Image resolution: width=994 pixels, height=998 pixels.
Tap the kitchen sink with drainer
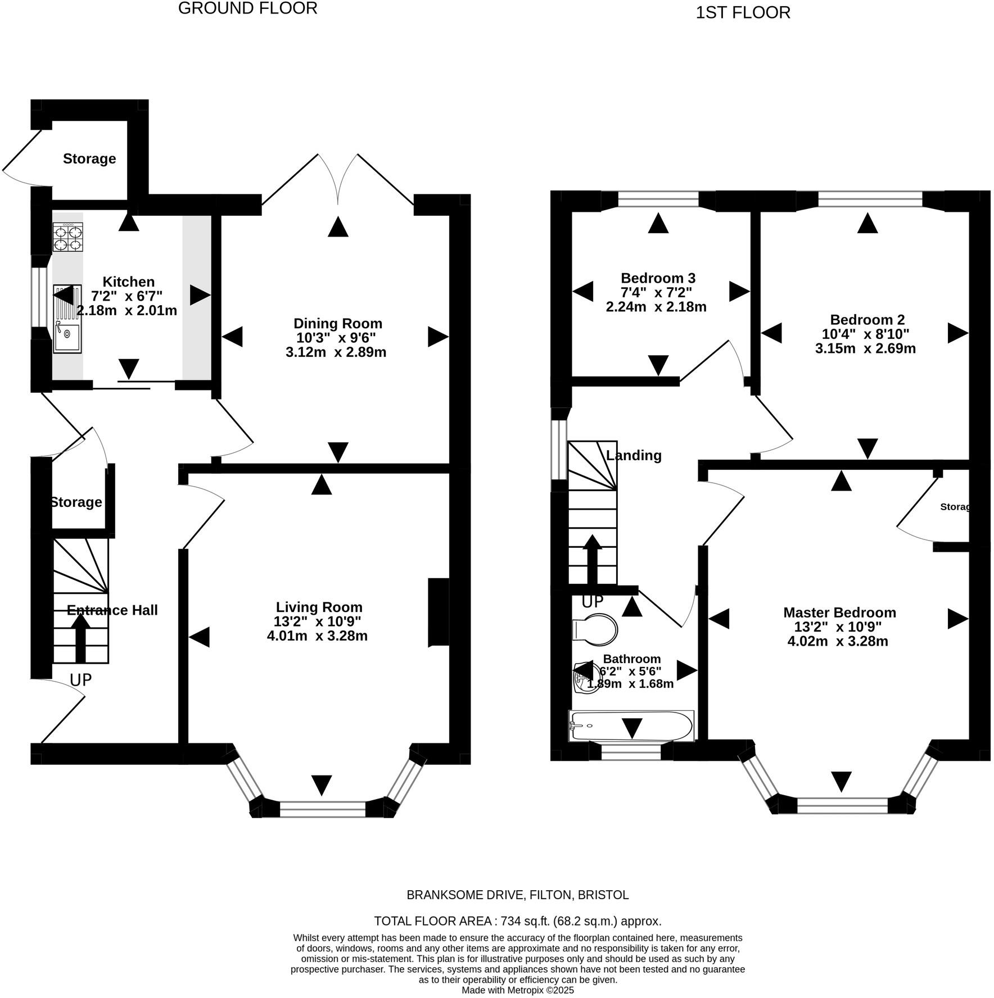(67, 319)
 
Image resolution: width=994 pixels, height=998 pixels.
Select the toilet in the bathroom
(594, 628)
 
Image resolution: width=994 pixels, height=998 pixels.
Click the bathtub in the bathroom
(631, 726)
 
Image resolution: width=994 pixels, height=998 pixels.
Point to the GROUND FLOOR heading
(247, 8)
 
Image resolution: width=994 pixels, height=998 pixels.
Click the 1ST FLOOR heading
(743, 12)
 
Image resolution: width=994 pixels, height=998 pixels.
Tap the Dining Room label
(337, 323)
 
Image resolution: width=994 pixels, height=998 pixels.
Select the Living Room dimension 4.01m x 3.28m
(317, 636)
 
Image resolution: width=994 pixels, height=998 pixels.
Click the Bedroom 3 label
(658, 278)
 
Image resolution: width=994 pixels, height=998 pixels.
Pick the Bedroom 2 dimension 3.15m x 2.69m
(865, 348)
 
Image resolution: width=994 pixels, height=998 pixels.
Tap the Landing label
(634, 455)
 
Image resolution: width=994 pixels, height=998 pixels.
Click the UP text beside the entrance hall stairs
(80, 680)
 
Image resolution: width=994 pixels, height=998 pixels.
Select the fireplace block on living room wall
(439, 613)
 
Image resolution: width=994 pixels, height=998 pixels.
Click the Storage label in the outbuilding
(89, 158)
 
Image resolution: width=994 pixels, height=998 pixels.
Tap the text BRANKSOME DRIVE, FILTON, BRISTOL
(517, 895)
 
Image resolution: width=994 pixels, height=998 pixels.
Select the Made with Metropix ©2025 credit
(517, 990)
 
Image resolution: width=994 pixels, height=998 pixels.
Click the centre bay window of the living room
(323, 809)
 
